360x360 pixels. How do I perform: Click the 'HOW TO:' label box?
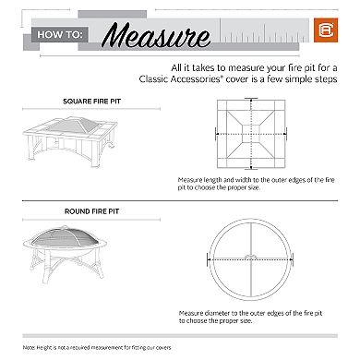point(62,38)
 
